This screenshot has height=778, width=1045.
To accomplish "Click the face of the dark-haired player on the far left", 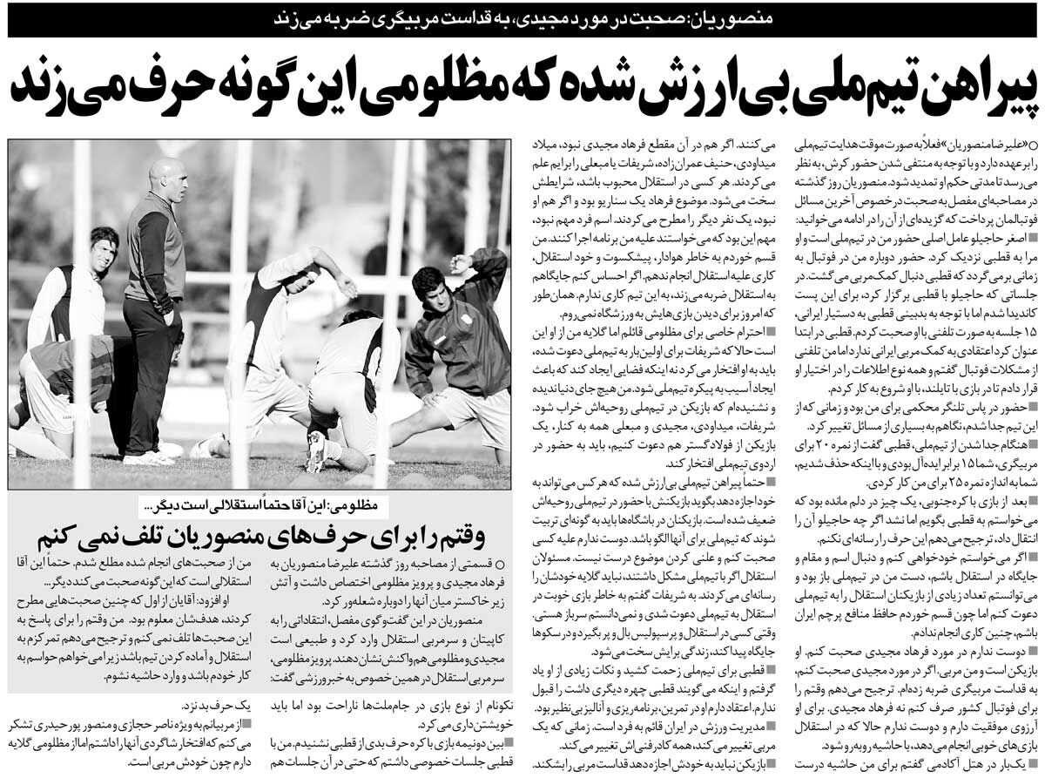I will [x=103, y=253].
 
